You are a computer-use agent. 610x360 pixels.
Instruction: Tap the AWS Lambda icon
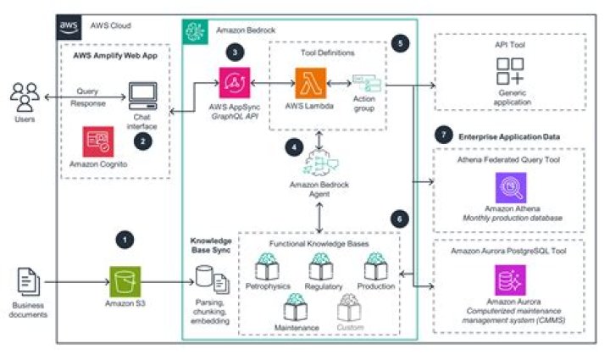306,84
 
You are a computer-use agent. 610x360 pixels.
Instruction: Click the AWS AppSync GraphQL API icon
235,85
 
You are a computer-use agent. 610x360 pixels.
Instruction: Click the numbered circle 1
125,240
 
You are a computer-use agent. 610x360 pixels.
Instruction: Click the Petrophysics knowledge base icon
269,267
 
